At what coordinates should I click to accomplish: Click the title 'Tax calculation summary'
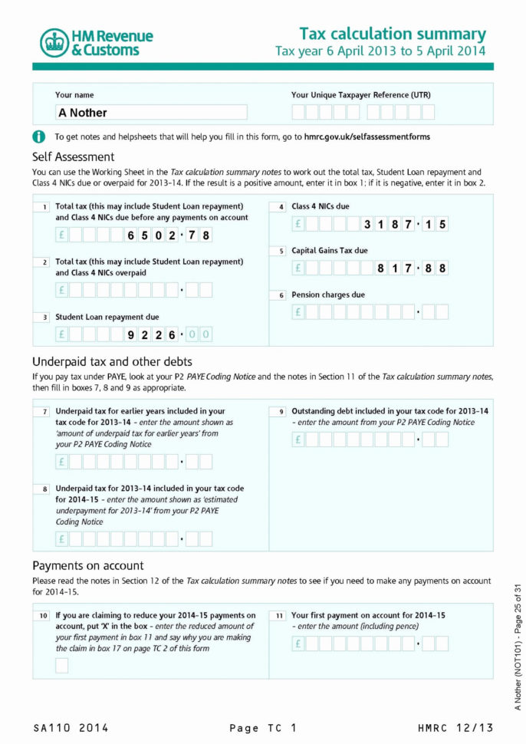coord(392,34)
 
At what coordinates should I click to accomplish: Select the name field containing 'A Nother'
coord(151,113)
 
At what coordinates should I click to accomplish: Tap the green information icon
coord(39,137)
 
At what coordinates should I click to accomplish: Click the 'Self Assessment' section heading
coord(74,156)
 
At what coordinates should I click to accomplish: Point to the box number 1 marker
coord(44,207)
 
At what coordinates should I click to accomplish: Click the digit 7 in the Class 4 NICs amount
coord(409,225)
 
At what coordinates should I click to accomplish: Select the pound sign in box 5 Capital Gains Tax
coord(298,268)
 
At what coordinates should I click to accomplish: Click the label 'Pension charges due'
coord(328,295)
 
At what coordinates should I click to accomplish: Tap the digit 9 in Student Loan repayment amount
coord(132,334)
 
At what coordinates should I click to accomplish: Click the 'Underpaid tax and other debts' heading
coord(112,361)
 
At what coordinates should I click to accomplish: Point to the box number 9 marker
coord(281,412)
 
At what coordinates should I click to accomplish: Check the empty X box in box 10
coord(62,666)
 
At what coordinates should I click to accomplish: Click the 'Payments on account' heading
coord(88,566)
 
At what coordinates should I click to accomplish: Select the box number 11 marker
coord(281,616)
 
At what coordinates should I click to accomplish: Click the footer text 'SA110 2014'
coord(71,728)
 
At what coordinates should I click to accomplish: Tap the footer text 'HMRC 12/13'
coord(455,728)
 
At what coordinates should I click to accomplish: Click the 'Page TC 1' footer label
coord(262,728)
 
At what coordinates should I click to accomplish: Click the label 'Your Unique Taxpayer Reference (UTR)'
coord(360,95)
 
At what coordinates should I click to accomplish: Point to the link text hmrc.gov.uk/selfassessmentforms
coord(367,137)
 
